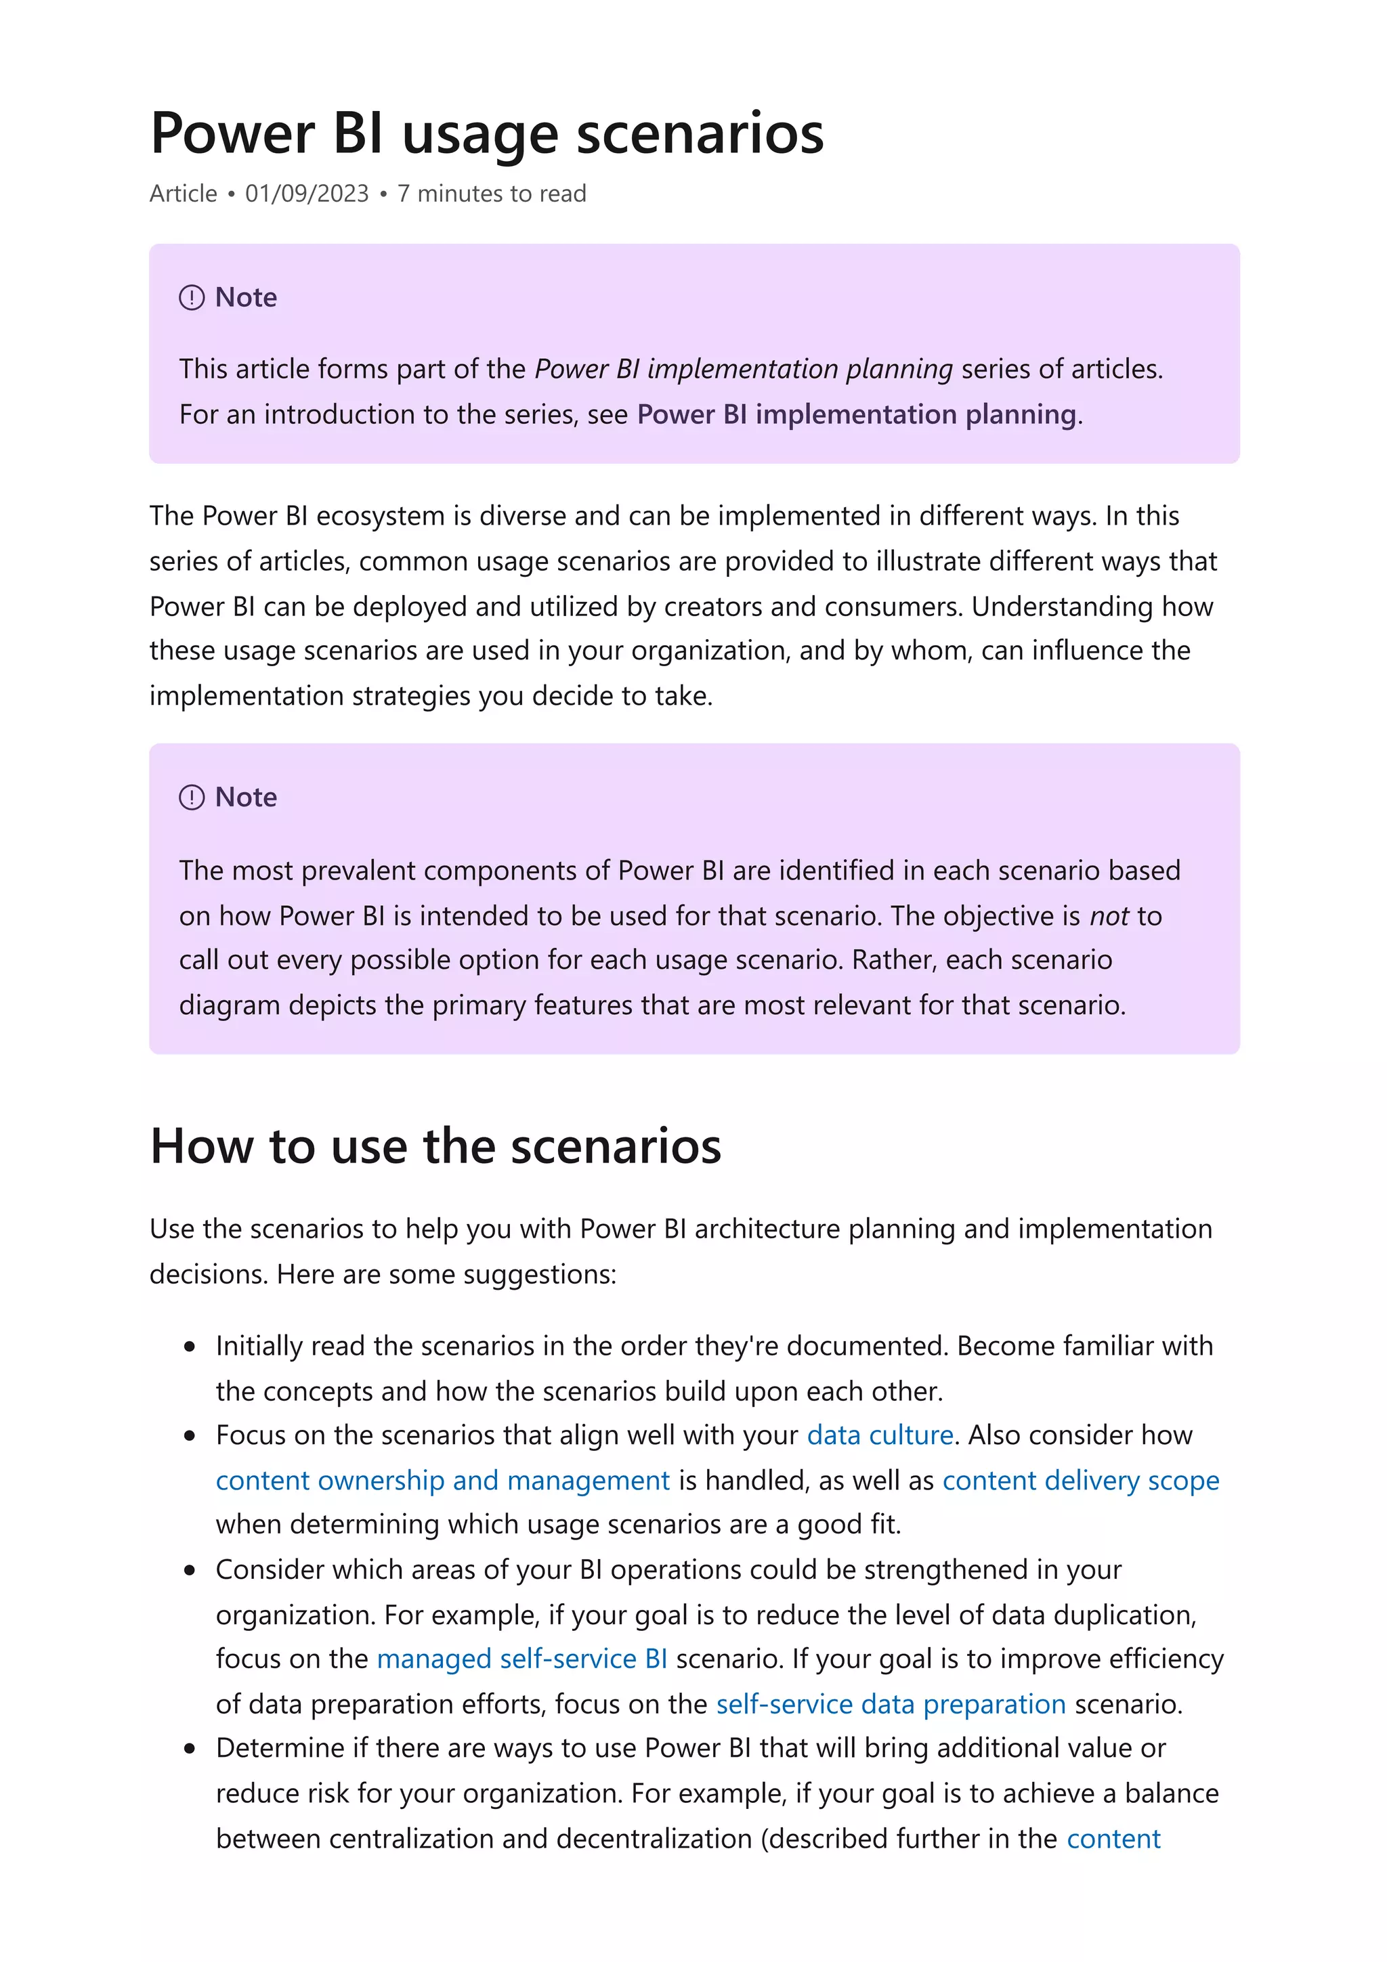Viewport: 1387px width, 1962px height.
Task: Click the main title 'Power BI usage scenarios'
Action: [486, 134]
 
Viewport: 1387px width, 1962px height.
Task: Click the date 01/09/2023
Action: [307, 194]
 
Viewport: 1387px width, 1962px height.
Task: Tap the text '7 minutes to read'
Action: [492, 194]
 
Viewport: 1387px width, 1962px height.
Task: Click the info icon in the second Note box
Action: [192, 798]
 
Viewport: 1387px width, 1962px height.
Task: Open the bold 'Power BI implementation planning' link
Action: [856, 414]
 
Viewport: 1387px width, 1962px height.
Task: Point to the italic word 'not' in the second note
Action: [1109, 916]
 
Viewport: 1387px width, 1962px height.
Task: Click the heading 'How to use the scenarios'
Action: [435, 1146]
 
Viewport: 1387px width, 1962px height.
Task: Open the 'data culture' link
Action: [879, 1435]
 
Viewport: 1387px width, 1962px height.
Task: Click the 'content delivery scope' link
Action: [1080, 1480]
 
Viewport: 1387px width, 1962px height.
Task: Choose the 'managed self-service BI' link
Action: [521, 1659]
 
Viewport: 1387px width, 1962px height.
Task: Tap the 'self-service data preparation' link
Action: [891, 1704]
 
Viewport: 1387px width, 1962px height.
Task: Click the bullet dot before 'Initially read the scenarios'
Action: [190, 1347]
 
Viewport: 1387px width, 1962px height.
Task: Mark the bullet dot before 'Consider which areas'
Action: [190, 1571]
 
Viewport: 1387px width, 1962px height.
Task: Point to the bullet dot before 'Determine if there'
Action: [190, 1749]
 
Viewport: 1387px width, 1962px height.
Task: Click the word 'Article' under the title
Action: [183, 194]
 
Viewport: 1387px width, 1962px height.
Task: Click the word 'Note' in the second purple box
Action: [246, 798]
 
